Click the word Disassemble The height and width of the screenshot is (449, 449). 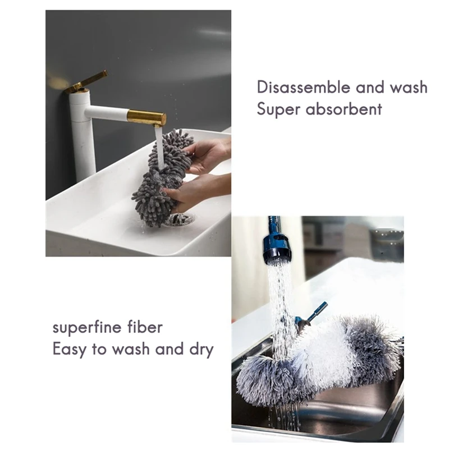[304, 87]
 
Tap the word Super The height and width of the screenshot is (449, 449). [278, 109]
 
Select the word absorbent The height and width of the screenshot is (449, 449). [344, 109]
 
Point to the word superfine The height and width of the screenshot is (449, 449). [87, 327]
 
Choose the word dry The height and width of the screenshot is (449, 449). [201, 350]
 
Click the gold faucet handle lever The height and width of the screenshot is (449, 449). [86, 82]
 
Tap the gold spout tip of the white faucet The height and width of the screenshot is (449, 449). [146, 118]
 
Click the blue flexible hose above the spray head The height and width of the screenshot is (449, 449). [273, 226]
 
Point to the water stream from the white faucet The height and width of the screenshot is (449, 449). [160, 148]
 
